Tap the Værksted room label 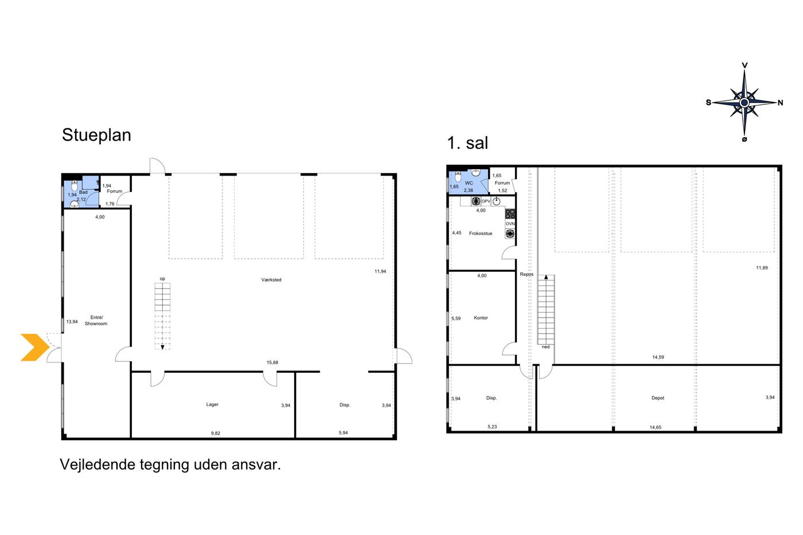(x=271, y=280)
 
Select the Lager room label (x=212, y=404)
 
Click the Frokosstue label (x=481, y=233)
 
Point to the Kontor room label (x=481, y=318)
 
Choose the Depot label (x=658, y=398)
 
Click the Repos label (x=527, y=275)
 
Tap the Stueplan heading (x=96, y=135)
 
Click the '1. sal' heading (x=467, y=143)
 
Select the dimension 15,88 (x=272, y=362)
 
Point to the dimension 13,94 (x=72, y=322)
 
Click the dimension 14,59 (x=658, y=357)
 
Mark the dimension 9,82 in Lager (x=216, y=434)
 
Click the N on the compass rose (x=780, y=103)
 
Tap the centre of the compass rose (x=744, y=103)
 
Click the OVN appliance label (x=510, y=224)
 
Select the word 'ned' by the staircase (x=545, y=347)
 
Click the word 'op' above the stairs (x=162, y=279)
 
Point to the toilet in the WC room (x=458, y=177)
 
